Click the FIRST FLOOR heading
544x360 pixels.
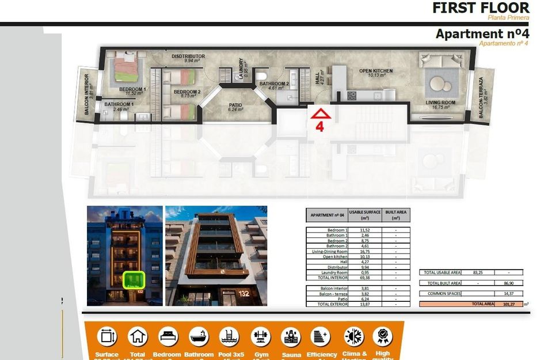481,7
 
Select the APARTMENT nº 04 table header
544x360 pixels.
326,215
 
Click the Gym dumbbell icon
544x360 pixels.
260,336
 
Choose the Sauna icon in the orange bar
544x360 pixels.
291,336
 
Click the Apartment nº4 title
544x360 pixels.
482,34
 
